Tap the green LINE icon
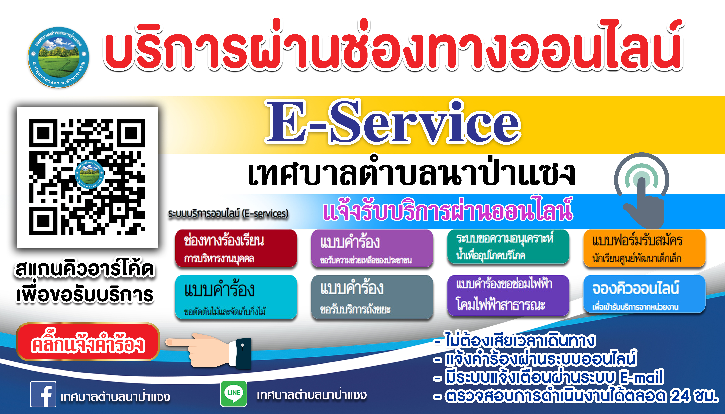tap(234, 393)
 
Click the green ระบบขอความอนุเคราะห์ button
tap(508, 247)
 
